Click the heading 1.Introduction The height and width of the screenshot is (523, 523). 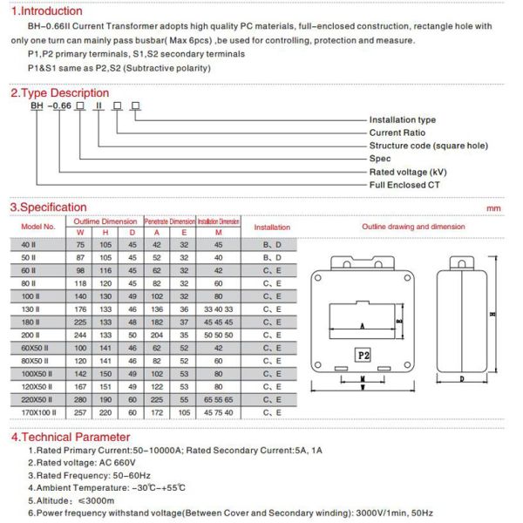pos(46,11)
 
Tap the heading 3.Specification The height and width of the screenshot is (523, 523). pos(48,207)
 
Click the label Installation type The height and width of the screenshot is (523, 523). pos(402,119)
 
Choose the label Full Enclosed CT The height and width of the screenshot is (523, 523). pos(398,185)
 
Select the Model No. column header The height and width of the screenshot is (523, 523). pos(38,227)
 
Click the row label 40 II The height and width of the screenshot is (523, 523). pos(28,246)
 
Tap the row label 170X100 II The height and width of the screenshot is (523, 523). pos(38,411)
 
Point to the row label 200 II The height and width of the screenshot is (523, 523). pos(29,335)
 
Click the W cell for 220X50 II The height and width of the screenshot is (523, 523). pos(81,397)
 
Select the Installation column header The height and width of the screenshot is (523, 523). pos(272,227)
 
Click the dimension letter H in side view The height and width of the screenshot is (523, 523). pos(492,315)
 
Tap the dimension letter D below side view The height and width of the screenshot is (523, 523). pos(460,379)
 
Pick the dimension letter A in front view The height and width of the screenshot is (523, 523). pos(360,325)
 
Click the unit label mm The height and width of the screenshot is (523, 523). pos(493,208)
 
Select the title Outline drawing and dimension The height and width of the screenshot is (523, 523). pos(413,227)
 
